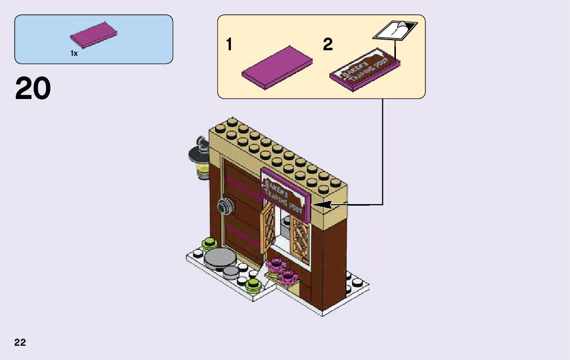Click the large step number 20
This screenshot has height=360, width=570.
[33, 89]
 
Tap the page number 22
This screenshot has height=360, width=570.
[20, 342]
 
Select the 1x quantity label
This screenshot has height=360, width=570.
[74, 53]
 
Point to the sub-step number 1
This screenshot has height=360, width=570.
[229, 45]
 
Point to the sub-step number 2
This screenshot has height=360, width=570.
[328, 45]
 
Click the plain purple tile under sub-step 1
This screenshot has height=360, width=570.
[277, 67]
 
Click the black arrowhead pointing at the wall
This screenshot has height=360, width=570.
[322, 205]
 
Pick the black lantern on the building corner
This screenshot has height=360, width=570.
[199, 158]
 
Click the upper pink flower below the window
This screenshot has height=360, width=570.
[276, 263]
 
